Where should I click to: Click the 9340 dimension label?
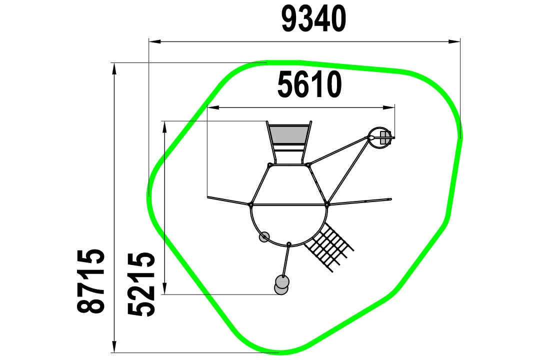tap(313, 19)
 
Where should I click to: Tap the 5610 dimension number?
tap(309, 84)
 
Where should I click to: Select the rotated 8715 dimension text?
tap(90, 281)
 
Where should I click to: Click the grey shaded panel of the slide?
tap(288, 134)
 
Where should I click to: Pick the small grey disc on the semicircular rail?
tap(264, 237)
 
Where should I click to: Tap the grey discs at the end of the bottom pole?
tap(281, 285)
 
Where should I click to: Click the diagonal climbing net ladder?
tap(328, 246)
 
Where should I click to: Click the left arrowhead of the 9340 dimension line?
tap(154, 41)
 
